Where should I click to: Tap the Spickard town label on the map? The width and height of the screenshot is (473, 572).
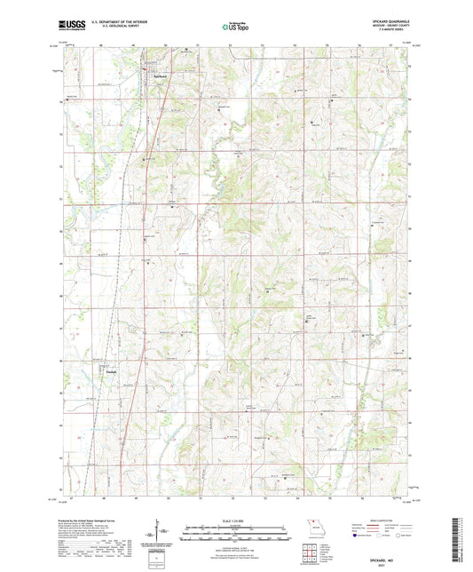pos(160,77)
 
